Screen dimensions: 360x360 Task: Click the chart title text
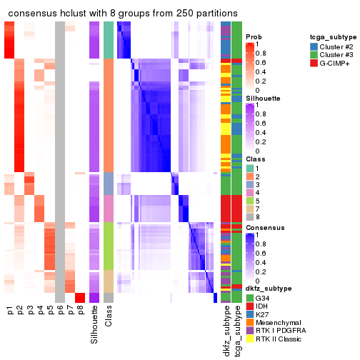click(122, 12)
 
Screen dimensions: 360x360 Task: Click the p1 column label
click(10, 311)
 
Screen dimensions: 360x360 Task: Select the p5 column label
click(50, 311)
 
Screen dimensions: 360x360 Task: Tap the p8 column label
click(80, 311)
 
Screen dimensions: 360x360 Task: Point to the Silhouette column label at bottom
click(95, 325)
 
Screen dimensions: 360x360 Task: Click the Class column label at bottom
click(109, 318)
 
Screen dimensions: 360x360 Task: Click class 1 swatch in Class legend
click(250, 166)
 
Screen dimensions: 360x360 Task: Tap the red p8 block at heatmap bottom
click(80, 297)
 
